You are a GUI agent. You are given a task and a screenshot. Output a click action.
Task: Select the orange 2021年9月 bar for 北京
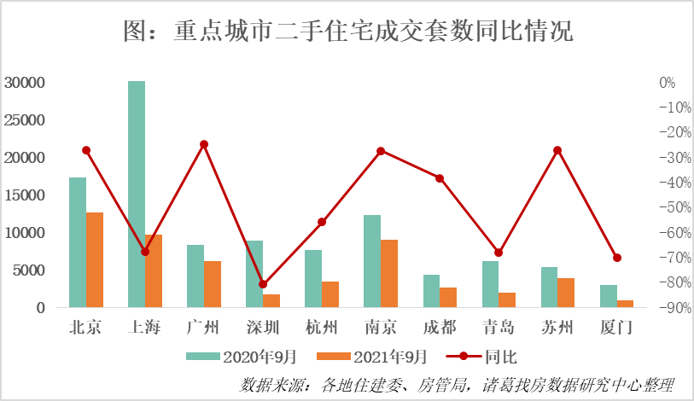(95, 260)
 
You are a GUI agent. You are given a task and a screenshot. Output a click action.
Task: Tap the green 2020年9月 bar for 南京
(372, 261)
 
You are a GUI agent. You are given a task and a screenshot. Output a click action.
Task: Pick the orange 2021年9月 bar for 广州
(213, 284)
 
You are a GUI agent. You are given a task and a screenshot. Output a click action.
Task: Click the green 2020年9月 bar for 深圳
(254, 274)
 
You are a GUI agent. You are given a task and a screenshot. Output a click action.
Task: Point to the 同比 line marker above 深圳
(263, 284)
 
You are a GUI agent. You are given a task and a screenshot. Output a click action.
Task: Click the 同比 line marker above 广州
(204, 144)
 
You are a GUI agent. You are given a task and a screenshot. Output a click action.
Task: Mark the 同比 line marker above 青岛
(499, 253)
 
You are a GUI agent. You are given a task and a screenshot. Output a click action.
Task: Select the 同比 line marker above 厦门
(617, 258)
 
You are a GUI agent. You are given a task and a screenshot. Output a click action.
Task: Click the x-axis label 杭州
(322, 328)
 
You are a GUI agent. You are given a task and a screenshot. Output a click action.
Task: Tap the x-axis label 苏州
(557, 328)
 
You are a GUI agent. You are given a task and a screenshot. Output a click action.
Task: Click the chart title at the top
(347, 32)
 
